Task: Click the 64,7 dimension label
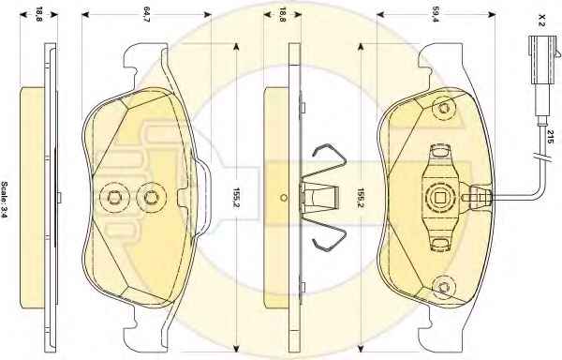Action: pos(146,15)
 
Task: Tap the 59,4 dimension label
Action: pos(436,15)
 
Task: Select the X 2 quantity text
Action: pos(541,20)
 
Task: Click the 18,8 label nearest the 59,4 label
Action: pos(283,15)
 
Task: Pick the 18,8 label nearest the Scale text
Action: pos(38,15)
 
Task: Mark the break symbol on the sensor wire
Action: pos(541,157)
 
